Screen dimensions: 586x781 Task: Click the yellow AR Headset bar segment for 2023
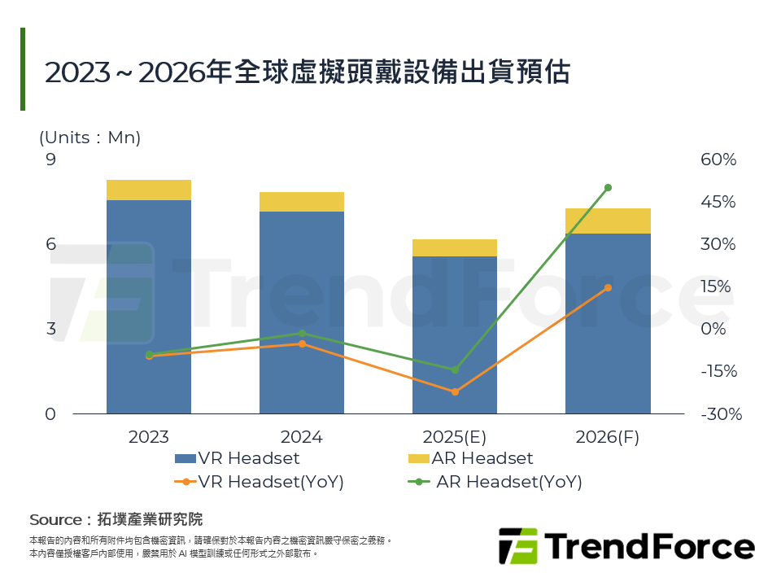tap(149, 190)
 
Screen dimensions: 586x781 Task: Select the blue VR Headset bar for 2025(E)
tap(455, 335)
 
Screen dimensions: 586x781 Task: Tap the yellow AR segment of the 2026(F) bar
tap(608, 221)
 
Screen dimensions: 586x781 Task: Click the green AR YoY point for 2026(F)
tap(608, 188)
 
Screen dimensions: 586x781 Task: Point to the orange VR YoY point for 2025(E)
tap(455, 392)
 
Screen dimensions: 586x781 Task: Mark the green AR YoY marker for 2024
tap(302, 333)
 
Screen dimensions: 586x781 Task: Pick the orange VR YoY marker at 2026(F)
tap(608, 287)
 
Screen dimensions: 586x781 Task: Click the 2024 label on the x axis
tap(301, 437)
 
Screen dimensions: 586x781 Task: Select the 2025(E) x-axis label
tap(454, 437)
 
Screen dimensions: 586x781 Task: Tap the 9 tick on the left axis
tap(50, 160)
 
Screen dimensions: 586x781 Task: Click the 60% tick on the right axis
tap(718, 160)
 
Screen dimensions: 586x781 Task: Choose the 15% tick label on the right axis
tap(718, 286)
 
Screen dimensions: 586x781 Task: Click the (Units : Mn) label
tap(90, 138)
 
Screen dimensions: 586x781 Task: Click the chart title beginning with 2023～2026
tap(307, 72)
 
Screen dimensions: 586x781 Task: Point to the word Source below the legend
tap(55, 519)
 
